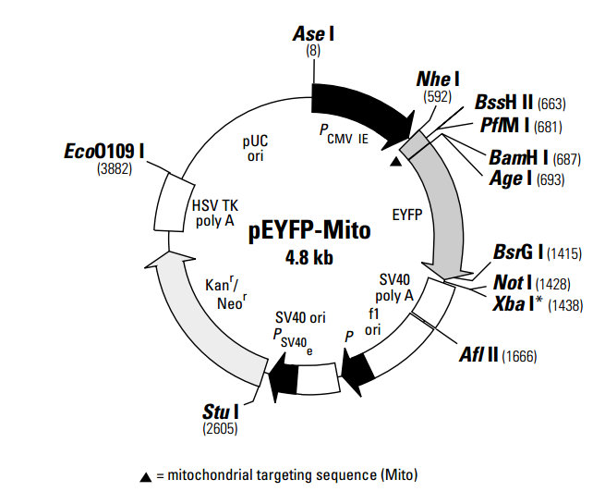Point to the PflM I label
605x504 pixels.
(x=505, y=125)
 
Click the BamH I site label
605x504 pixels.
(x=514, y=159)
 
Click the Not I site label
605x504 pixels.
(x=513, y=281)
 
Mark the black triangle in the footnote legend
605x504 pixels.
(x=146, y=477)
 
